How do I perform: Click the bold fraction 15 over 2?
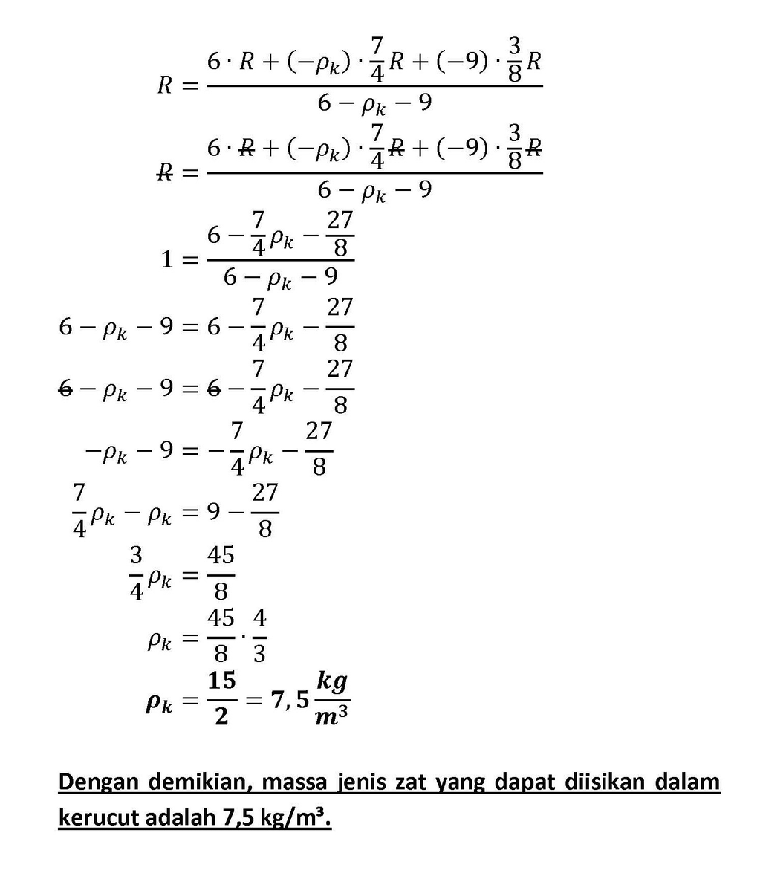221,698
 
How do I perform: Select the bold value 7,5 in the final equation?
289,699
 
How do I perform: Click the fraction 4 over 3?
259,636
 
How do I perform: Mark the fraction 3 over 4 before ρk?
136,574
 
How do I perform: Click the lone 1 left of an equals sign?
167,260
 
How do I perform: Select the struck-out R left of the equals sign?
165,173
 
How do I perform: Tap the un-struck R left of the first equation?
165,85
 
